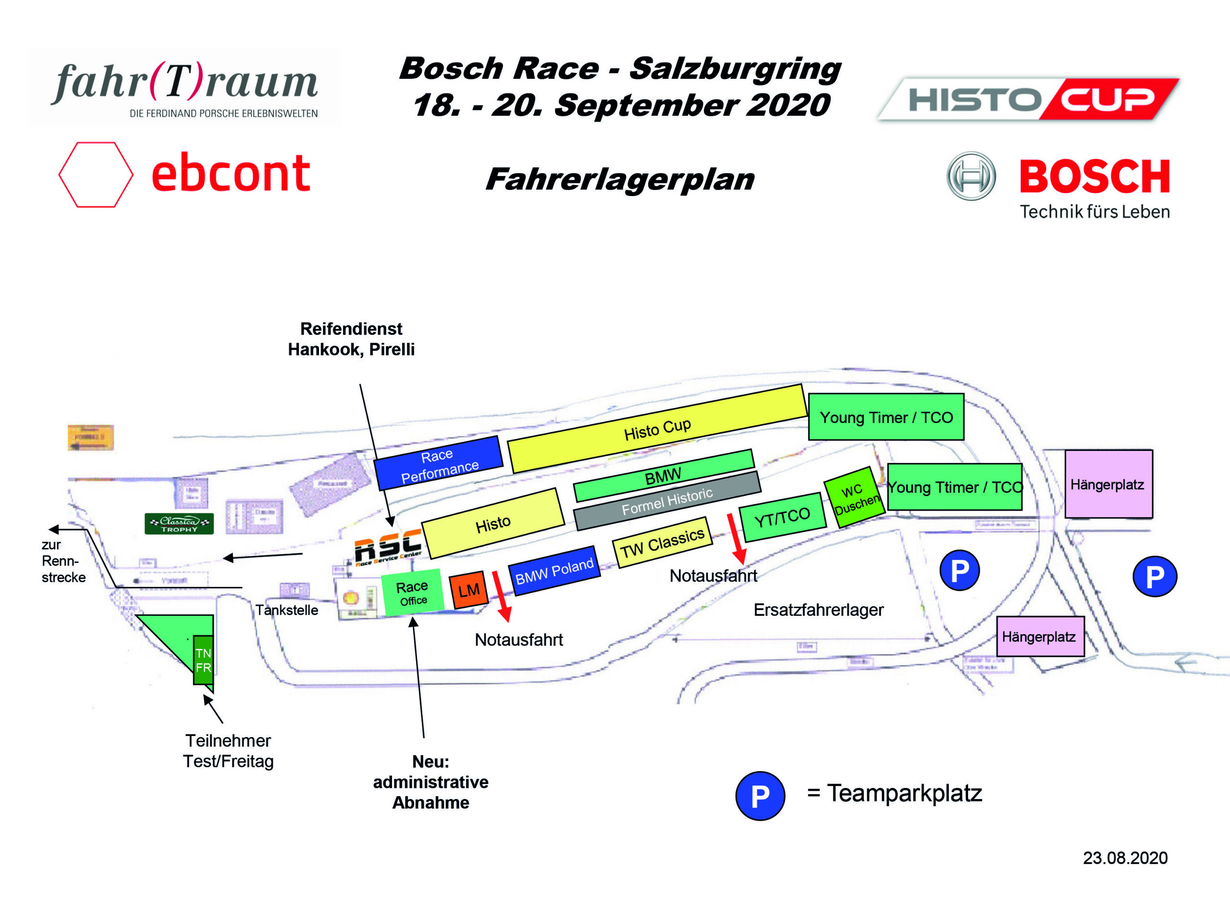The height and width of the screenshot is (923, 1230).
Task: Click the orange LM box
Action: (468, 590)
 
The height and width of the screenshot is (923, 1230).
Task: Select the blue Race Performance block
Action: (439, 463)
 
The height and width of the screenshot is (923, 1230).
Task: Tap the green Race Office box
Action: (412, 593)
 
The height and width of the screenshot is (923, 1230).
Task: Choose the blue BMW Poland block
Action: (554, 571)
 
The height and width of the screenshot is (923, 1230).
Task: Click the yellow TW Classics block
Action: (662, 542)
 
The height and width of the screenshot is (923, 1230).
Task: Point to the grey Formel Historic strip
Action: (667, 501)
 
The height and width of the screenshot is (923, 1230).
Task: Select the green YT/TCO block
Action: (781, 517)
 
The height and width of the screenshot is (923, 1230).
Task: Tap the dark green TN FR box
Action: (203, 660)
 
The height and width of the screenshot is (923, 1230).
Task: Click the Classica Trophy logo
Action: (179, 524)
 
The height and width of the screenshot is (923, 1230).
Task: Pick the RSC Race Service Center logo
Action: (388, 548)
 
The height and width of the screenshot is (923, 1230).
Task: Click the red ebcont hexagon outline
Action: (96, 175)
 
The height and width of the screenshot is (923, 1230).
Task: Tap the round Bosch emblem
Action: (971, 176)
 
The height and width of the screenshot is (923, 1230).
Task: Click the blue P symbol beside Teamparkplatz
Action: (760, 796)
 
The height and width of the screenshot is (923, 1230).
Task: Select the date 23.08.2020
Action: (1124, 858)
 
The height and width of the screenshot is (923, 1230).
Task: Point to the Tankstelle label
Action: (286, 611)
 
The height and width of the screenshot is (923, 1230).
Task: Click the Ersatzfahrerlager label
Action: (818, 610)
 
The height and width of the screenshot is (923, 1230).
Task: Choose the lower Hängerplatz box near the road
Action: (1039, 636)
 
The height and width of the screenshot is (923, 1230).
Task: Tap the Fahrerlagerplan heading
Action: (619, 179)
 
